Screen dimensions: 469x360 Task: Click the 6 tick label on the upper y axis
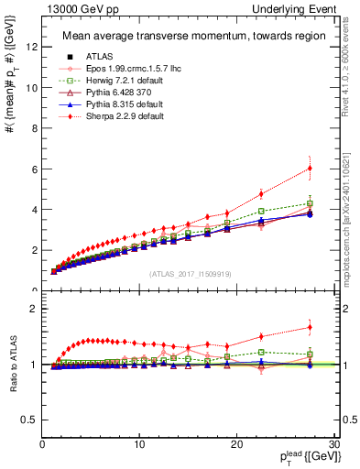click(x=34, y=169)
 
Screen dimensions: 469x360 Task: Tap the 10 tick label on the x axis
click(x=139, y=444)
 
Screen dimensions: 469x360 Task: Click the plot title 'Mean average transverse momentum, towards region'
click(x=192, y=36)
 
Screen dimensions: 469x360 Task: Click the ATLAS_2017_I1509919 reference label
click(x=191, y=274)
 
